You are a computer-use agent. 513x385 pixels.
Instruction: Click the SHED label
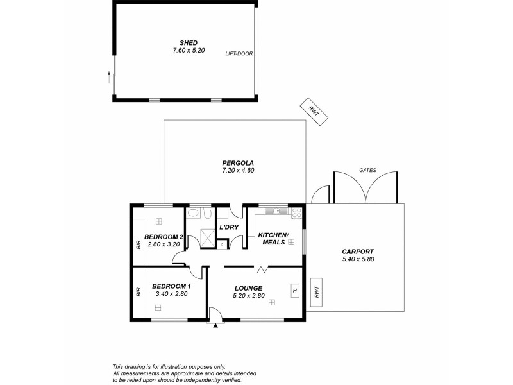185,42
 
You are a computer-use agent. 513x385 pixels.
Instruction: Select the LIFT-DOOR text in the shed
239,54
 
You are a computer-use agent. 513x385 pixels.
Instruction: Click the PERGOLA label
234,162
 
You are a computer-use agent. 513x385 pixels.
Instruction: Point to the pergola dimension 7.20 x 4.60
234,171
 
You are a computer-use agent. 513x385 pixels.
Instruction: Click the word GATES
368,170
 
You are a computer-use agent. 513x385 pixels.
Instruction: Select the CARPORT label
358,252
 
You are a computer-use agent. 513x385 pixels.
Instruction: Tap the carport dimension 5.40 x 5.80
358,259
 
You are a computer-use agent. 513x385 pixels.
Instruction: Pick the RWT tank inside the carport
315,291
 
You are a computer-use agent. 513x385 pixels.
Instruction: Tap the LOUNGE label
248,287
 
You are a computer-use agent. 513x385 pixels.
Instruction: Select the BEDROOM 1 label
171,286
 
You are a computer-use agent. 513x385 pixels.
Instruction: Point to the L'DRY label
229,228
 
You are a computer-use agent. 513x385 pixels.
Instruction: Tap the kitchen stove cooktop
297,214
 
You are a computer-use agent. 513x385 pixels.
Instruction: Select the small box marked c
221,244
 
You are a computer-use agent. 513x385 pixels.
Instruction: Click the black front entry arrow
215,325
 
